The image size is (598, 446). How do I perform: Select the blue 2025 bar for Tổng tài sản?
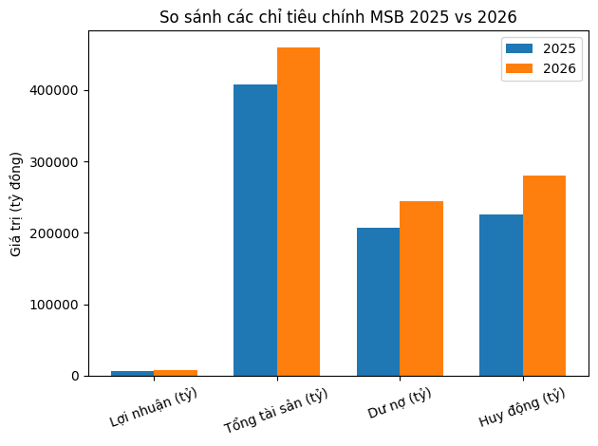(255, 230)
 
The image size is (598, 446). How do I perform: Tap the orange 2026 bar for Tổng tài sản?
(298, 212)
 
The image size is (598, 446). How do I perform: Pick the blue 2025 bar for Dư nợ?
(378, 302)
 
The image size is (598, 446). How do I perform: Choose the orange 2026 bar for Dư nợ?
(421, 288)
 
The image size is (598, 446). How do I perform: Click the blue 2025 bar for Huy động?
(501, 295)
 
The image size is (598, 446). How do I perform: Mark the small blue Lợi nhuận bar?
(132, 373)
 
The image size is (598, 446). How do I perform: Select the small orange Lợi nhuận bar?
(176, 373)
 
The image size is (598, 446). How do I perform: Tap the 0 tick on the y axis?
(75, 377)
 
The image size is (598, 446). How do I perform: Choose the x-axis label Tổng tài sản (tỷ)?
(275, 410)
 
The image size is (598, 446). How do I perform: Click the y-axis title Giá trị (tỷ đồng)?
(16, 203)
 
